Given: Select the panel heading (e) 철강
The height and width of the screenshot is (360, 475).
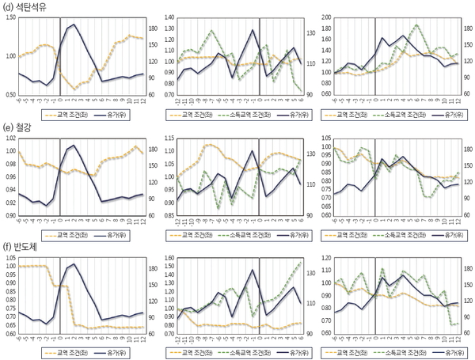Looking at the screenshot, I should tap(19, 125).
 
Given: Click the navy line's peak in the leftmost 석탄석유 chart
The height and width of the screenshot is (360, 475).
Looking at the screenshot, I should tap(75, 25).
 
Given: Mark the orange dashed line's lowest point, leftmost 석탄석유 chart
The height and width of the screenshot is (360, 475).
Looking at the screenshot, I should tap(76, 89).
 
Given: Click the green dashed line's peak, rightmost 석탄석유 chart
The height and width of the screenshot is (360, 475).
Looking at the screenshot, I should tap(416, 25).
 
